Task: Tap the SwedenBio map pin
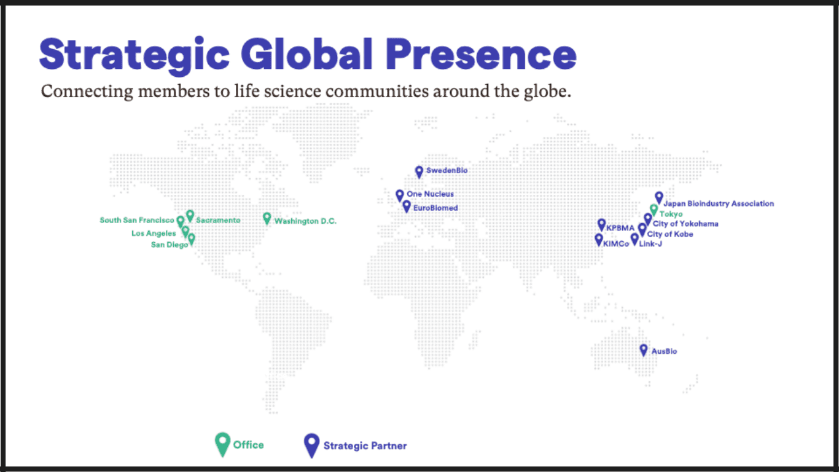coord(419,171)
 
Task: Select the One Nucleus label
coord(430,194)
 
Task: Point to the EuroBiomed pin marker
coord(407,206)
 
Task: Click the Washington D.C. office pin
coord(267,218)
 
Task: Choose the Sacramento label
coord(218,220)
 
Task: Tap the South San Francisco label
coord(137,220)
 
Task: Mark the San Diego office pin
coord(191,238)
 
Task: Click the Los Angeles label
coord(154,234)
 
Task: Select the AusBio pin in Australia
coord(643,349)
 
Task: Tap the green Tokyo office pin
coord(654,210)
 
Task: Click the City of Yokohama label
coord(685,224)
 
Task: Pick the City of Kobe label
coord(670,234)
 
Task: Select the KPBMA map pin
coord(601,224)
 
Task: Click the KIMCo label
coord(616,244)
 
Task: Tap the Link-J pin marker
coord(634,238)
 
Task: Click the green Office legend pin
coord(222,444)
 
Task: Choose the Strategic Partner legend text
coord(365,446)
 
